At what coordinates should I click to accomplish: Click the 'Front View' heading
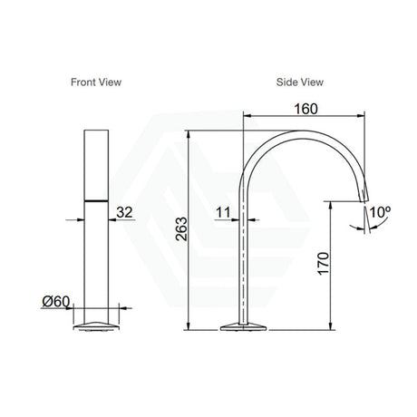coord(96,82)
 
